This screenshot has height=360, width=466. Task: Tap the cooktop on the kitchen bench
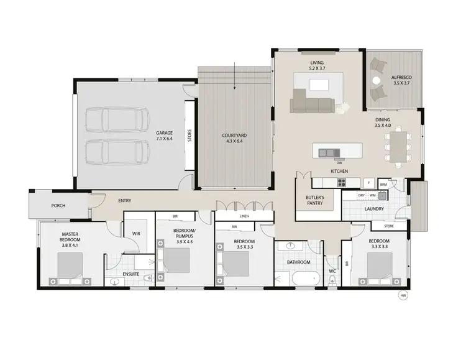tap(340, 182)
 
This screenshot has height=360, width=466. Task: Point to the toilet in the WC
tap(333, 280)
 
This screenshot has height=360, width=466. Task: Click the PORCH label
tap(58, 206)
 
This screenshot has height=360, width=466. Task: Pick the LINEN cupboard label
tap(244, 216)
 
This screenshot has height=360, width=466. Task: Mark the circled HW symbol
tap(403, 295)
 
